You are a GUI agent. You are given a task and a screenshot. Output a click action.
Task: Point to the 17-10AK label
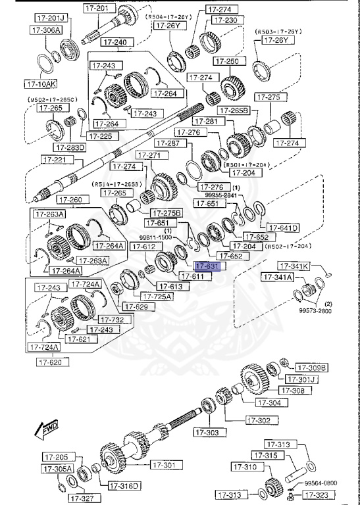tap(41, 84)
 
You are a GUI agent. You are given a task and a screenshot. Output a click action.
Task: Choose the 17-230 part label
tap(224, 20)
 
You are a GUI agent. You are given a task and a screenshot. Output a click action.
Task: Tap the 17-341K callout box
tap(293, 266)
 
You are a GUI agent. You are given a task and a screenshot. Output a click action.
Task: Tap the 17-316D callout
tap(124, 486)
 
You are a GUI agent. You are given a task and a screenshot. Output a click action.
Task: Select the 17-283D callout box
tap(71, 147)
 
